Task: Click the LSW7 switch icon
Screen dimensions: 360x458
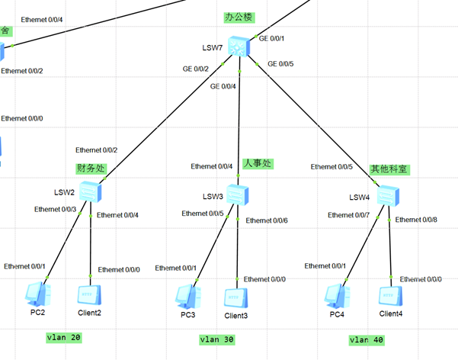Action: coord(240,47)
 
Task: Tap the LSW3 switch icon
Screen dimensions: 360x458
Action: coord(237,195)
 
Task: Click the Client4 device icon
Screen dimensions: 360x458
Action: coord(390,296)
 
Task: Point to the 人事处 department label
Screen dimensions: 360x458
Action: coord(257,163)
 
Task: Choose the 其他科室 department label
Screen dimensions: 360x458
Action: coord(389,169)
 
